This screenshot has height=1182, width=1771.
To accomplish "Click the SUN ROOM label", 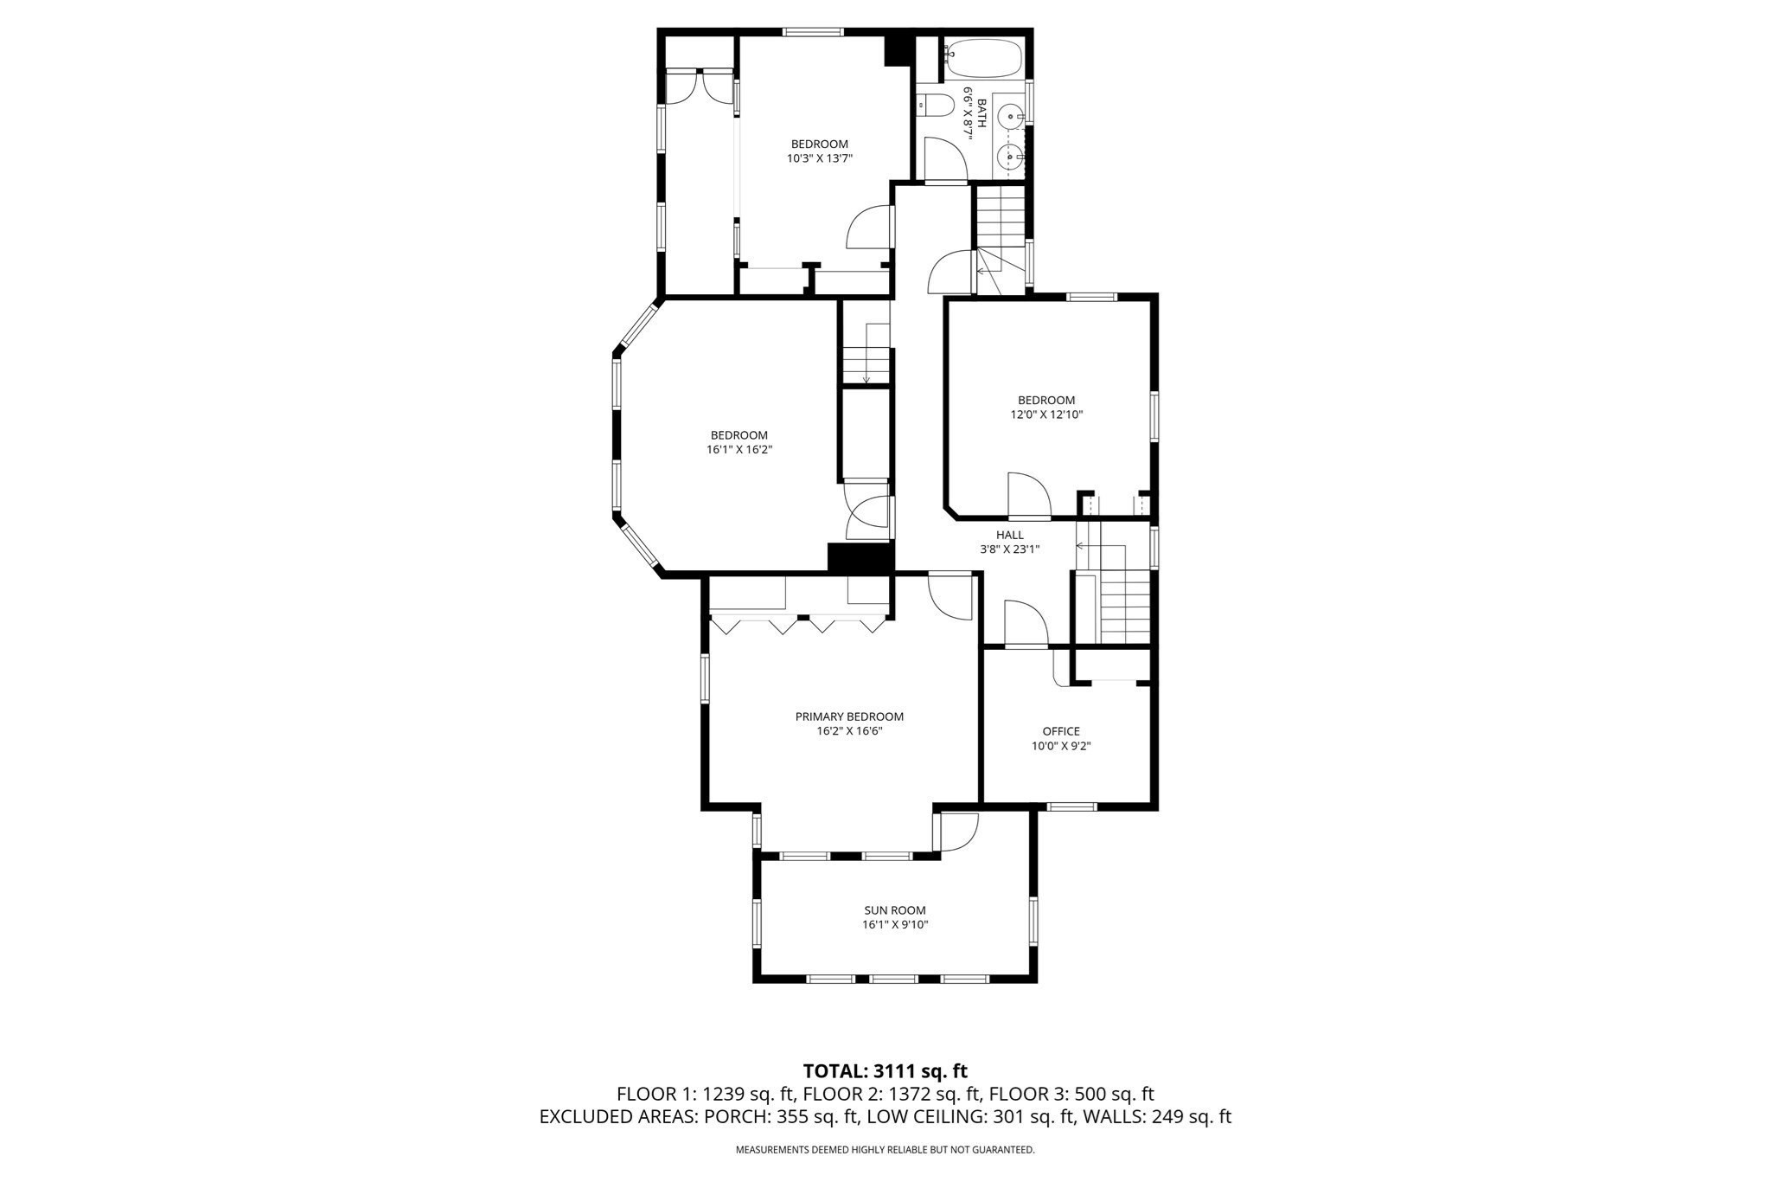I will click(895, 910).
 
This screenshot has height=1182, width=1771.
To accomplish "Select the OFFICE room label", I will click(1061, 731).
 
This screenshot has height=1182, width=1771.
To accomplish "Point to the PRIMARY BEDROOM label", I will click(849, 716).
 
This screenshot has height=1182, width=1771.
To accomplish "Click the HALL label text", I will click(1009, 535).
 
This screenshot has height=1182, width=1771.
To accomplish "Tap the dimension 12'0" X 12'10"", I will click(1046, 414).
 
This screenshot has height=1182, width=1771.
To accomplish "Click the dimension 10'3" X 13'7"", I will click(819, 158).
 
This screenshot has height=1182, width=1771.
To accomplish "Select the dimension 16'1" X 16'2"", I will click(738, 450).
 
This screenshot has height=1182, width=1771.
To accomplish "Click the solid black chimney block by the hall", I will click(860, 557).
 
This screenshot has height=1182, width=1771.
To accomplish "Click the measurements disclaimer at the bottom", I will click(885, 1150).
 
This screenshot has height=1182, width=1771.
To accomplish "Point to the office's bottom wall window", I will click(1071, 806).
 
